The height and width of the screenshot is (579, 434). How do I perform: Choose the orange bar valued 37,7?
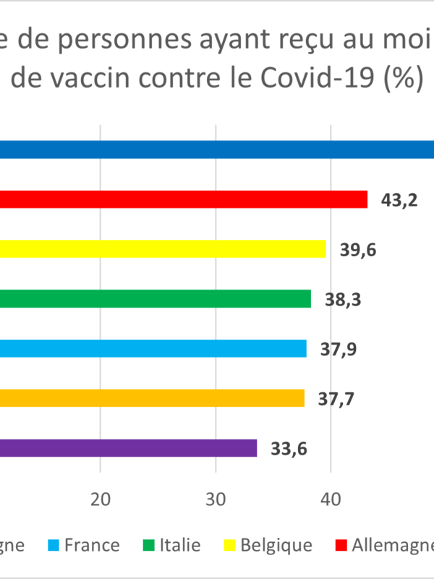click(x=152, y=398)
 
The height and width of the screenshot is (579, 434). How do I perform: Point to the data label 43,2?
click(x=399, y=200)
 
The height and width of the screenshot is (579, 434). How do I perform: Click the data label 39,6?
click(x=359, y=250)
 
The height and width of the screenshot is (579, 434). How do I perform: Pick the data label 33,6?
click(x=289, y=449)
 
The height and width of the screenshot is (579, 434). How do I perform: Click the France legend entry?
click(x=91, y=545)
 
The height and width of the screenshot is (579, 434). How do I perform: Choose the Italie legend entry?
click(x=179, y=545)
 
